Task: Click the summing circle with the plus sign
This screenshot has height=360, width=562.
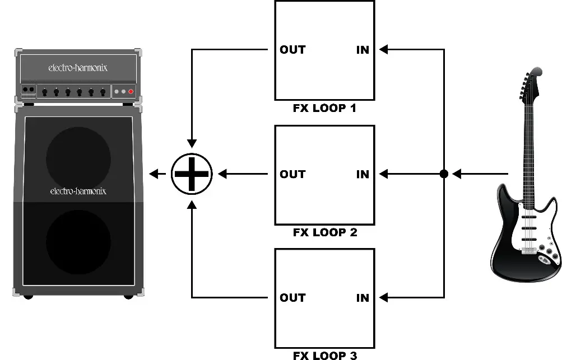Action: pyautogui.click(x=192, y=174)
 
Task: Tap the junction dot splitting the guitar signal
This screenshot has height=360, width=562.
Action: pyautogui.click(x=444, y=174)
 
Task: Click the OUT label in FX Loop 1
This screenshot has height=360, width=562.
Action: pyautogui.click(x=292, y=50)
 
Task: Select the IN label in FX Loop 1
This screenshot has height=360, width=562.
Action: pyautogui.click(x=363, y=50)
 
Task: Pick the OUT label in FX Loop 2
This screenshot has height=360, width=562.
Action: pyautogui.click(x=292, y=174)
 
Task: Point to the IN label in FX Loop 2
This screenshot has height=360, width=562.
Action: pyautogui.click(x=363, y=174)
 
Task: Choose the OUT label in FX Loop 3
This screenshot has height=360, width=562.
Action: pyautogui.click(x=292, y=298)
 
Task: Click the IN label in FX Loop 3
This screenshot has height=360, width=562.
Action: pyautogui.click(x=363, y=298)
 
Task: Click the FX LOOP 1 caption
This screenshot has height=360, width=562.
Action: pyautogui.click(x=324, y=107)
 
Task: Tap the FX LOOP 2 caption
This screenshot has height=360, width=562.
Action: pyautogui.click(x=324, y=232)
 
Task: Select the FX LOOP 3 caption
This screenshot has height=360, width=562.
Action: pyautogui.click(x=324, y=355)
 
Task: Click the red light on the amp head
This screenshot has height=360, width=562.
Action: pyautogui.click(x=131, y=91)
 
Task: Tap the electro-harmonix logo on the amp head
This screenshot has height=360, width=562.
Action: pyautogui.click(x=78, y=68)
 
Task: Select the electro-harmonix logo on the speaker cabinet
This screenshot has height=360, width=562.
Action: pyautogui.click(x=78, y=191)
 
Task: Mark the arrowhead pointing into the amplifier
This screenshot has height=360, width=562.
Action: pyautogui.click(x=154, y=174)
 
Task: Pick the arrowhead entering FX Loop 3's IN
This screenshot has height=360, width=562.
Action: pyautogui.click(x=383, y=298)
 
